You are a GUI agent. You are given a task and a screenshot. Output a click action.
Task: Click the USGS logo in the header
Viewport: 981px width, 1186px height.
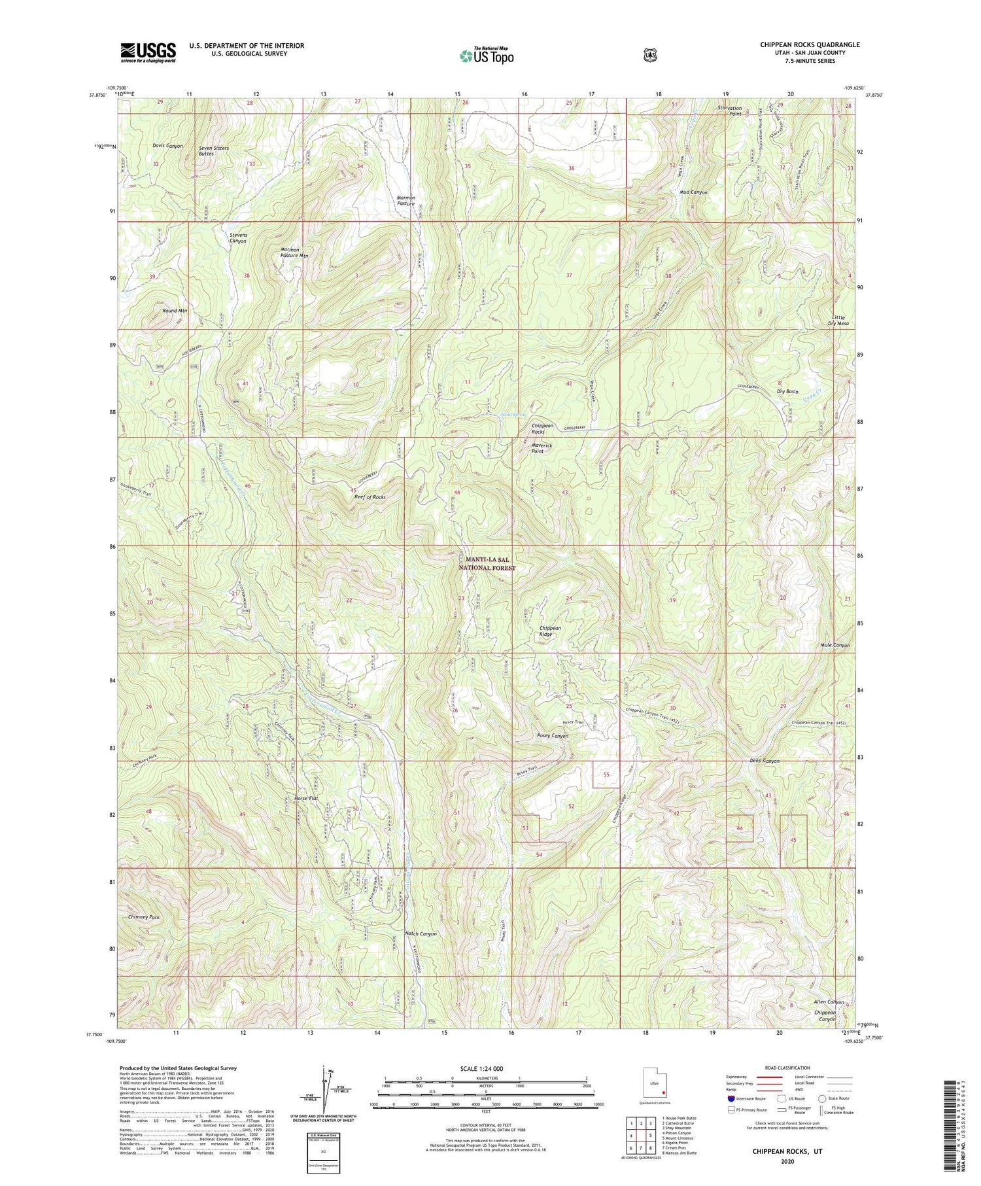(148, 52)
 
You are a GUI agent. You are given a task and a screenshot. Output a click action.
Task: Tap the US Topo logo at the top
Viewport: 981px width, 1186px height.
(487, 56)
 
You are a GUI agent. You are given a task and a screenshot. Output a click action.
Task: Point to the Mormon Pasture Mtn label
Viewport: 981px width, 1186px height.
(294, 253)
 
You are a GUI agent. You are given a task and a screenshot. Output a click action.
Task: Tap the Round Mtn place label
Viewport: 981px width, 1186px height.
(175, 311)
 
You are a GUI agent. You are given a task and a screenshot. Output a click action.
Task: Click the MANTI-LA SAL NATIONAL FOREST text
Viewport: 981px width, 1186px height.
(490, 564)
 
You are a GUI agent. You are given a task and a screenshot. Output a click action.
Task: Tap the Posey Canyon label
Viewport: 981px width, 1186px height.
(552, 736)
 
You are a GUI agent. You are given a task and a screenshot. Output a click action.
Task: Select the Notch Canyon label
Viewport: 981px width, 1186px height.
(421, 933)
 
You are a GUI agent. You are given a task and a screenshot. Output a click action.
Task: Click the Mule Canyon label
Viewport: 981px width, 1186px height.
(835, 645)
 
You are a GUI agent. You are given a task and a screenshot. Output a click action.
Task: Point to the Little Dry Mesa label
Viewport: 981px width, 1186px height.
(837, 321)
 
